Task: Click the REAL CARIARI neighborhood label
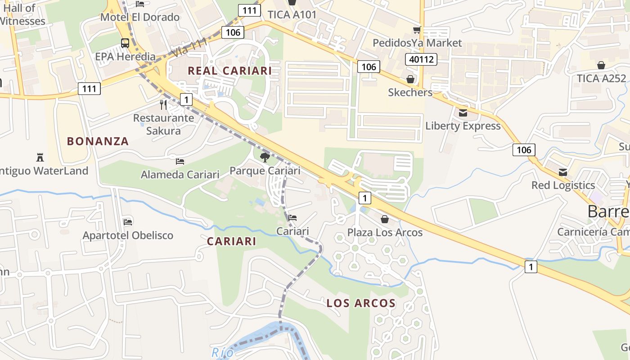click(x=229, y=71)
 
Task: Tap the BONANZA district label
click(x=98, y=141)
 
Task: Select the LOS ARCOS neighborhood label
click(x=361, y=303)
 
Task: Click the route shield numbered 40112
click(x=421, y=59)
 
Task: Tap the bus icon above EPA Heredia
click(x=125, y=43)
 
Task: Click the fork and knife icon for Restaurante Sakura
click(x=163, y=105)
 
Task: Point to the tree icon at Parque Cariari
click(x=265, y=157)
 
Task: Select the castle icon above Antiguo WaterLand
click(x=40, y=157)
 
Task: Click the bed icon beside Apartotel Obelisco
click(x=128, y=221)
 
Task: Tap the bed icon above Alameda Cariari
click(x=180, y=161)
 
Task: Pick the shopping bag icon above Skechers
click(x=410, y=79)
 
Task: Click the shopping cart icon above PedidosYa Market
click(x=417, y=30)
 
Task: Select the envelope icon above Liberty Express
click(x=463, y=112)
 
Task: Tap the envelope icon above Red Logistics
click(x=563, y=172)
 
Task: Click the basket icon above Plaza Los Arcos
click(x=385, y=219)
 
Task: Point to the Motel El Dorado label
click(x=140, y=17)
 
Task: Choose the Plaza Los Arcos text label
click(x=385, y=232)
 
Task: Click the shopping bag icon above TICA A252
click(x=601, y=65)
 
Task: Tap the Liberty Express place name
click(x=463, y=126)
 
